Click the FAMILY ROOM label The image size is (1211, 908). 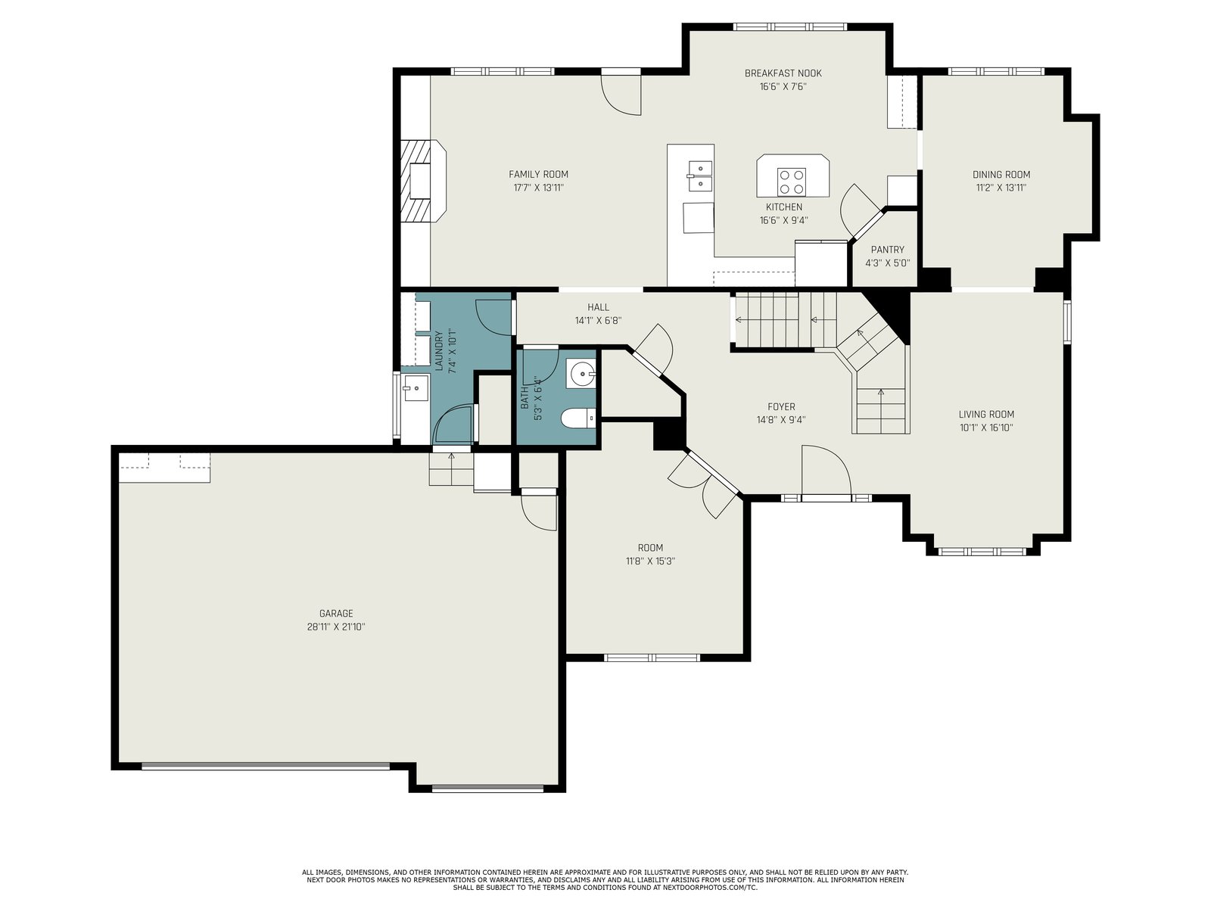[x=538, y=174]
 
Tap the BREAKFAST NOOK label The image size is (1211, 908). [x=783, y=73]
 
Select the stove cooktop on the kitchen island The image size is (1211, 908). [x=791, y=182]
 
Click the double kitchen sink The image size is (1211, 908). [x=700, y=176]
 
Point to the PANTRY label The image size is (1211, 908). [x=887, y=250]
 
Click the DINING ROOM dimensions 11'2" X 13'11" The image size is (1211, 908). [x=1001, y=188]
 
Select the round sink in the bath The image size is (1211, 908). [x=581, y=374]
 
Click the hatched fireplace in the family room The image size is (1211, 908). [x=422, y=181]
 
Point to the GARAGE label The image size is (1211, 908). [x=336, y=614]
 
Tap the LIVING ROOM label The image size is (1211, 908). [x=986, y=415]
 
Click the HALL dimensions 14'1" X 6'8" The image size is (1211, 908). [x=599, y=321]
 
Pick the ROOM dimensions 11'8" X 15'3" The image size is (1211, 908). [x=650, y=561]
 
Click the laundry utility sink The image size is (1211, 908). [x=416, y=388]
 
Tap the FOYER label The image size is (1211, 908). [x=781, y=407]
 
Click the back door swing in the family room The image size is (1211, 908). [x=621, y=95]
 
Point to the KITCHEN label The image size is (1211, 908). [x=784, y=207]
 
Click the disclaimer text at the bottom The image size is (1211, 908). [x=605, y=880]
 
